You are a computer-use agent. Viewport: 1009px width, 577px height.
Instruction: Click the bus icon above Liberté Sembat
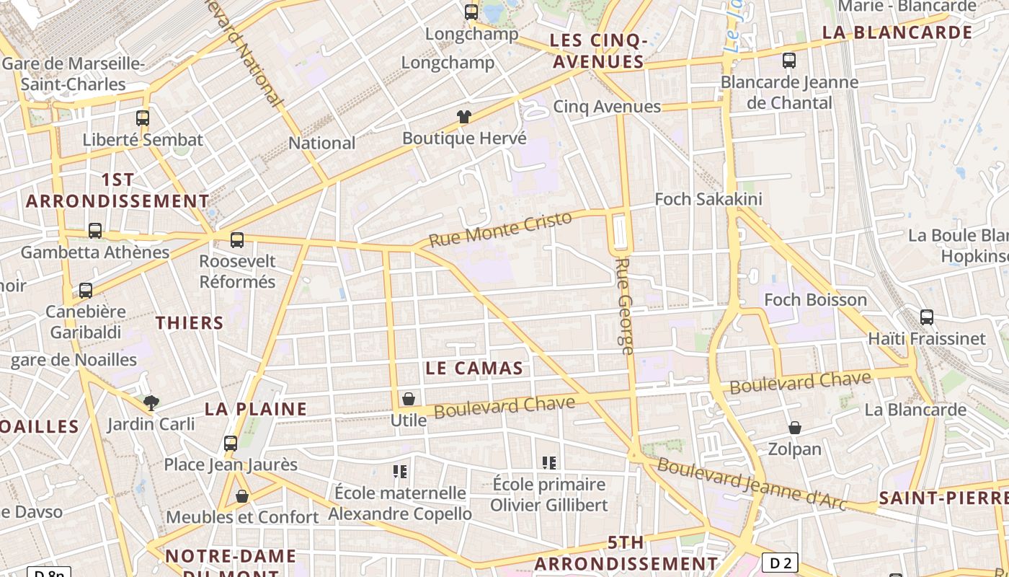[x=143, y=118]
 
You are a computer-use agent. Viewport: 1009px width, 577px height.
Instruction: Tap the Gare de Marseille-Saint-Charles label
[x=74, y=74]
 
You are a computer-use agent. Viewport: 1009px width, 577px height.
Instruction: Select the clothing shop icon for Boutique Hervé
[x=463, y=117]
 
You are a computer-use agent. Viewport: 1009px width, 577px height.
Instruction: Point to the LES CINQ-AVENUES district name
[x=597, y=50]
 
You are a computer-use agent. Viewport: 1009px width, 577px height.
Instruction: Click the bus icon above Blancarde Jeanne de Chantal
[x=789, y=61]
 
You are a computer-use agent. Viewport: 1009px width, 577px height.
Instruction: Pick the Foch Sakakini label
[x=708, y=199]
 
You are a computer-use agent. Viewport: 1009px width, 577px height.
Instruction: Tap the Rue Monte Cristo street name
[x=500, y=229]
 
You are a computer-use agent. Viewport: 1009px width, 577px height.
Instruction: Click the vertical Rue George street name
[x=625, y=306]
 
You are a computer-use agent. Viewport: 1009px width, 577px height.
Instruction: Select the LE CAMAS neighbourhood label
[x=474, y=369]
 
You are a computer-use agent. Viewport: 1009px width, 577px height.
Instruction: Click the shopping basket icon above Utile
[x=409, y=399]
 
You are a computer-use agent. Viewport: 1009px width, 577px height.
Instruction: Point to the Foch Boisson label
[x=814, y=299]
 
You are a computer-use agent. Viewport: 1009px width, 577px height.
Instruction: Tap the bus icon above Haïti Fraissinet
[x=927, y=317]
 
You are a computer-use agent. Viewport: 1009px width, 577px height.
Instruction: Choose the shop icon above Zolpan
[x=794, y=428]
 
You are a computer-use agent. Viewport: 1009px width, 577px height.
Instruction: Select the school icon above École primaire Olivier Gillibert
[x=549, y=462]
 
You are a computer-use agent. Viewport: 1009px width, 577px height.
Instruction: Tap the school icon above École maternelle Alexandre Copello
[x=400, y=472]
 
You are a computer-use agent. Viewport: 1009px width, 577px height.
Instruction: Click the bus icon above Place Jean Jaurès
[x=231, y=444]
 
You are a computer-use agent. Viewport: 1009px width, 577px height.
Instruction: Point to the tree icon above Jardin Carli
[x=151, y=402]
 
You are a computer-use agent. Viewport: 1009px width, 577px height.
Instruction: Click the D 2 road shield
[x=781, y=563]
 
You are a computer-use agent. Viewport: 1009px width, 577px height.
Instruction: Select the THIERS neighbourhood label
[x=190, y=322]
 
